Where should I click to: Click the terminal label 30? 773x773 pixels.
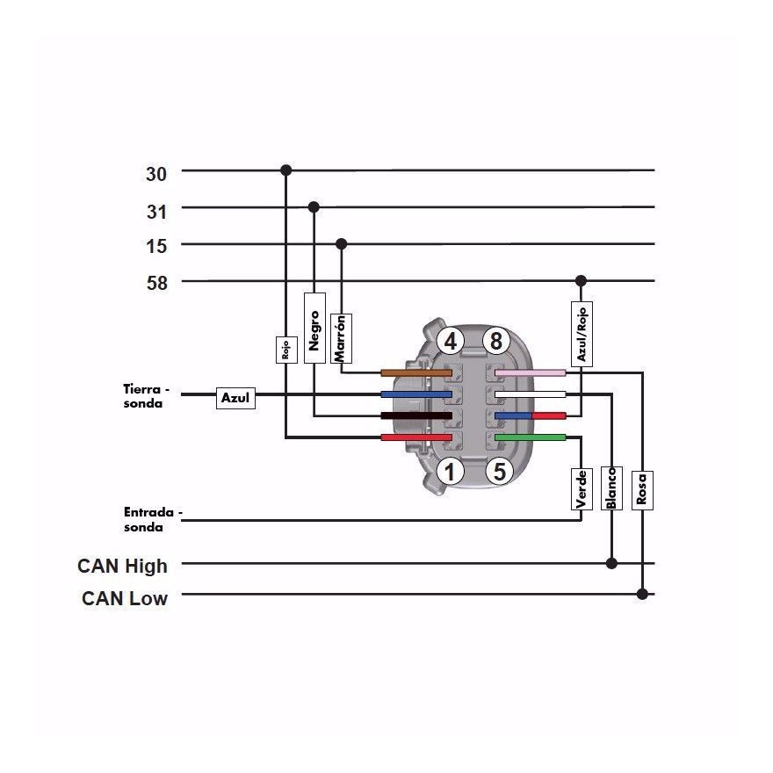coord(156,174)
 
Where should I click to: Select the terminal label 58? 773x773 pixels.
coord(157,283)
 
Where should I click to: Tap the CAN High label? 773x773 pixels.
coord(122,566)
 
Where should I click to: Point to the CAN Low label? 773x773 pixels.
coord(125,598)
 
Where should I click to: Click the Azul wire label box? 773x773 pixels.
coord(235,398)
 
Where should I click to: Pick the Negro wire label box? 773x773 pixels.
coord(314,328)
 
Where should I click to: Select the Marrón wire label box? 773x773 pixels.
coord(341,338)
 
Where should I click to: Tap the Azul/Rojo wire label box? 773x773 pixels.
coord(582,334)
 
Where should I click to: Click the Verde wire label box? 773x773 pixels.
coord(582,488)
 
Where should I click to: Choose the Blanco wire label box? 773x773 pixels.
coord(611,488)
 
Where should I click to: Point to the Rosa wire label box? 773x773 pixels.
coord(642,490)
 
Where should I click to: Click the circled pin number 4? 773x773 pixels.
coord(450,341)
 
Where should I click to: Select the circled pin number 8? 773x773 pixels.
coord(495,341)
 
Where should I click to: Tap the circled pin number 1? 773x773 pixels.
coord(450,472)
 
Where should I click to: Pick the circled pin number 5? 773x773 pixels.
coord(500,472)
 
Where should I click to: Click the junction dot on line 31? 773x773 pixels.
coord(314,207)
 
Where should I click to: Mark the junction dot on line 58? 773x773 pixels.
coord(581,281)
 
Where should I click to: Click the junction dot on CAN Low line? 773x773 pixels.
coord(642,594)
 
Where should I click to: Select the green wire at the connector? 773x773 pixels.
coord(530,437)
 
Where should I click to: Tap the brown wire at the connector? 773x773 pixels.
coord(416,372)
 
